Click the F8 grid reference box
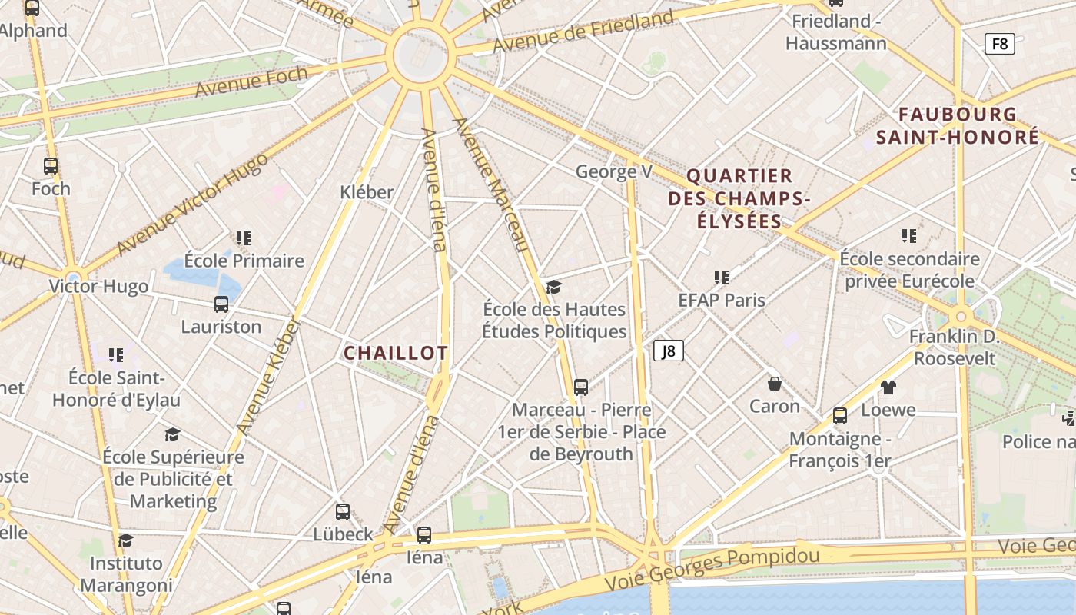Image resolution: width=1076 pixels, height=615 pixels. [x=999, y=44]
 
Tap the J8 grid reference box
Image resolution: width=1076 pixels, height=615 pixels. [x=669, y=351]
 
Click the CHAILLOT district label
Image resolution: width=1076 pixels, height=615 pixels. [x=395, y=353]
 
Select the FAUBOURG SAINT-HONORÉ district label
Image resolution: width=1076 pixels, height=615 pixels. [x=958, y=126]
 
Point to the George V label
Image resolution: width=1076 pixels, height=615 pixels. [x=613, y=171]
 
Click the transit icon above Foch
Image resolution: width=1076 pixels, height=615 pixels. [x=51, y=165]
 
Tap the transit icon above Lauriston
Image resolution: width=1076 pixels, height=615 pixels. [x=221, y=304]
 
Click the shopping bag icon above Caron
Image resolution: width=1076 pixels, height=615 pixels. [x=775, y=383]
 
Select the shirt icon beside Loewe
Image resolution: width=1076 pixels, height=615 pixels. [x=888, y=387]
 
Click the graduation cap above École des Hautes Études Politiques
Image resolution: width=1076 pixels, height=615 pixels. [x=553, y=288]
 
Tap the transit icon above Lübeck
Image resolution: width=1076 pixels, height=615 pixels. [x=343, y=511]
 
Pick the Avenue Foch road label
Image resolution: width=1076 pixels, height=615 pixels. [x=251, y=81]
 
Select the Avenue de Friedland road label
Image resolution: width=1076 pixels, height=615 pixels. [x=583, y=32]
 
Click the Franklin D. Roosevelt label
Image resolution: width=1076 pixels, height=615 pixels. [x=953, y=347]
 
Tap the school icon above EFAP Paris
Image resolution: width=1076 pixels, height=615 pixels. [x=721, y=277]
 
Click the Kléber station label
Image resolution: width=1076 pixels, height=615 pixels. [x=367, y=192]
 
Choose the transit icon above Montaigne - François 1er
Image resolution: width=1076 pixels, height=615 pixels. [x=840, y=416]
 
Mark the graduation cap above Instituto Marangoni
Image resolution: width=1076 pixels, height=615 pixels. [x=125, y=541]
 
